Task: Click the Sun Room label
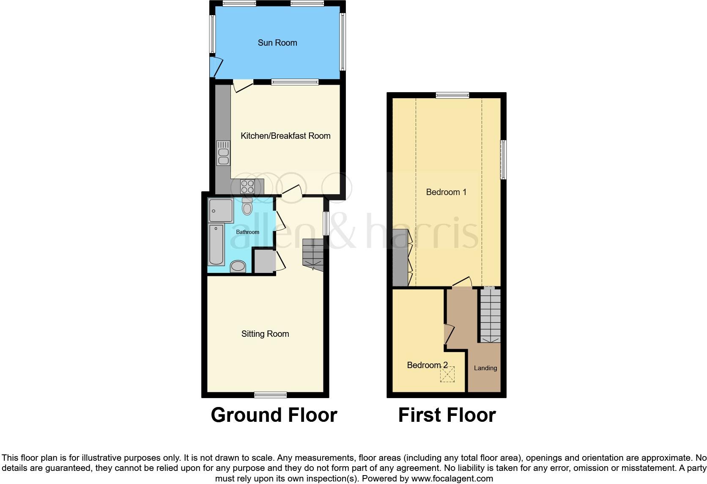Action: point(277,43)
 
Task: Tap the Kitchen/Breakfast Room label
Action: point(285,136)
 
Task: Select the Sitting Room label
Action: point(265,334)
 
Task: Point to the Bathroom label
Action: point(247,232)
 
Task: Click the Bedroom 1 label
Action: point(446,192)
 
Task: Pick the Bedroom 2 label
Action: point(427,365)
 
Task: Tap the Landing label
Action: point(485,368)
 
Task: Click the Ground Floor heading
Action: point(274,415)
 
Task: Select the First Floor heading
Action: point(447,415)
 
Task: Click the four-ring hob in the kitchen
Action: point(247,187)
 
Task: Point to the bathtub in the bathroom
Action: point(216,245)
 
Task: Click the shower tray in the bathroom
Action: point(221,211)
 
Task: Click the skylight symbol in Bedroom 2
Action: point(447,375)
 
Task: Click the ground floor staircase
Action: point(313,253)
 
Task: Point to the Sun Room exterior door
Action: point(216,66)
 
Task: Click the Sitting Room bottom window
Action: point(271,395)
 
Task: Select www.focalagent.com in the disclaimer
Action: point(452,478)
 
